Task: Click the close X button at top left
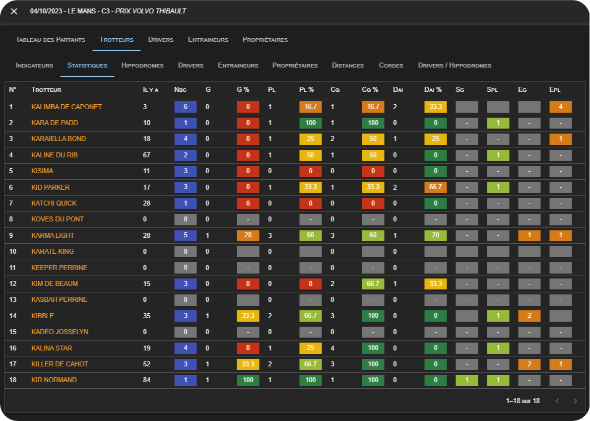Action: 14,11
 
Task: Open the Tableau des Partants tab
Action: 51,40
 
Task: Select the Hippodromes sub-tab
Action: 142,66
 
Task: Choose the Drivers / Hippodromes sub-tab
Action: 455,66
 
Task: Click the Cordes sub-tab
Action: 391,66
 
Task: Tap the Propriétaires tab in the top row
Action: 265,40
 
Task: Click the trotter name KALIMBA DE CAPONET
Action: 66,107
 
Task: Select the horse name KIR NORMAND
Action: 54,380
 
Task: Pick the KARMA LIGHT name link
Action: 53,235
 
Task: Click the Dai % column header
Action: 433,90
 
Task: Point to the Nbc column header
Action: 180,90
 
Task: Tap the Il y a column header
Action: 150,90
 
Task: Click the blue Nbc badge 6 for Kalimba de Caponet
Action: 186,107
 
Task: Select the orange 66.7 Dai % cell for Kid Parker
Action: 436,187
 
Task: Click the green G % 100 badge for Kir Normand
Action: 248,380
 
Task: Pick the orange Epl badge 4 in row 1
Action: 561,107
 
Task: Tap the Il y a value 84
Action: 147,380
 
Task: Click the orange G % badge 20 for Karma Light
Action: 248,235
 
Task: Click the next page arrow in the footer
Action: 575,401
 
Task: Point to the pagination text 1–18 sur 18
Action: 523,401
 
